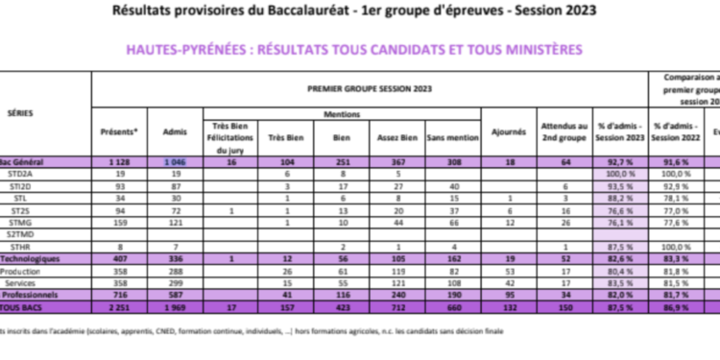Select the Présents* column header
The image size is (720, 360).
pos(120,132)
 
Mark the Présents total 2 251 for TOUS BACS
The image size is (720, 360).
pos(119,307)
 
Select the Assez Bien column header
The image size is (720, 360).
pos(394,132)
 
